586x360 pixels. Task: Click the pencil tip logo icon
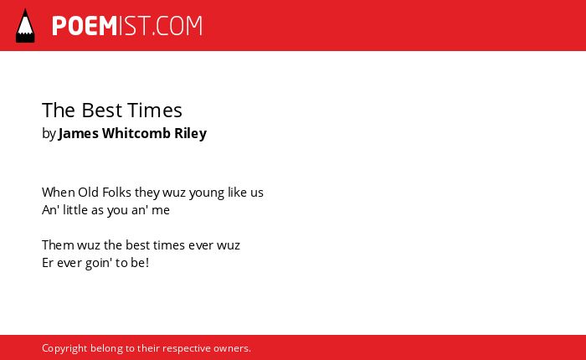[x=25, y=26]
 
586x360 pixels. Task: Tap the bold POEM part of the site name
[x=85, y=26]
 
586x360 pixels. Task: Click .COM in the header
[x=177, y=26]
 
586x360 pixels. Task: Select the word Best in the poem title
[x=101, y=111]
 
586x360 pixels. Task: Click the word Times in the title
[x=155, y=111]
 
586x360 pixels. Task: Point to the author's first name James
[x=79, y=133]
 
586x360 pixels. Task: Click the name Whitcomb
[x=136, y=133]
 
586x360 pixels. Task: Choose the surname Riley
[x=191, y=133]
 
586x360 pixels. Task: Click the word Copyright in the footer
[x=64, y=348]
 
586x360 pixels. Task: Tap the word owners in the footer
[x=230, y=348]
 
